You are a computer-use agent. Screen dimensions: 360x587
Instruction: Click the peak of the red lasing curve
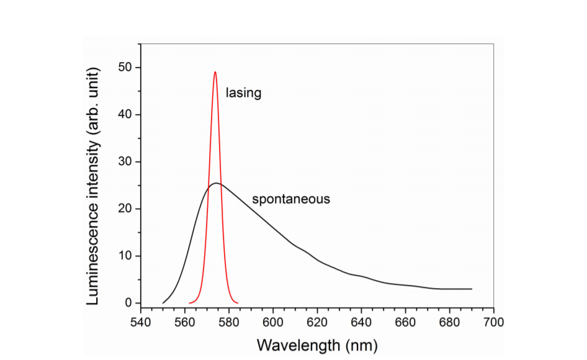click(x=215, y=72)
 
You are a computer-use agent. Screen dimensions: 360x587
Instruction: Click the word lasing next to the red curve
click(x=243, y=93)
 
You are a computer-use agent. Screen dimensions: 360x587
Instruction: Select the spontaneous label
click(x=290, y=199)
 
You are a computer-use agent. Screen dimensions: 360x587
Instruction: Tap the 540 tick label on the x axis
click(x=141, y=323)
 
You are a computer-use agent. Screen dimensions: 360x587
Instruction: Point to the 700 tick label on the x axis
click(x=493, y=323)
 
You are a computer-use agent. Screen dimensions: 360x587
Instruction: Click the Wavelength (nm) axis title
click(x=316, y=344)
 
